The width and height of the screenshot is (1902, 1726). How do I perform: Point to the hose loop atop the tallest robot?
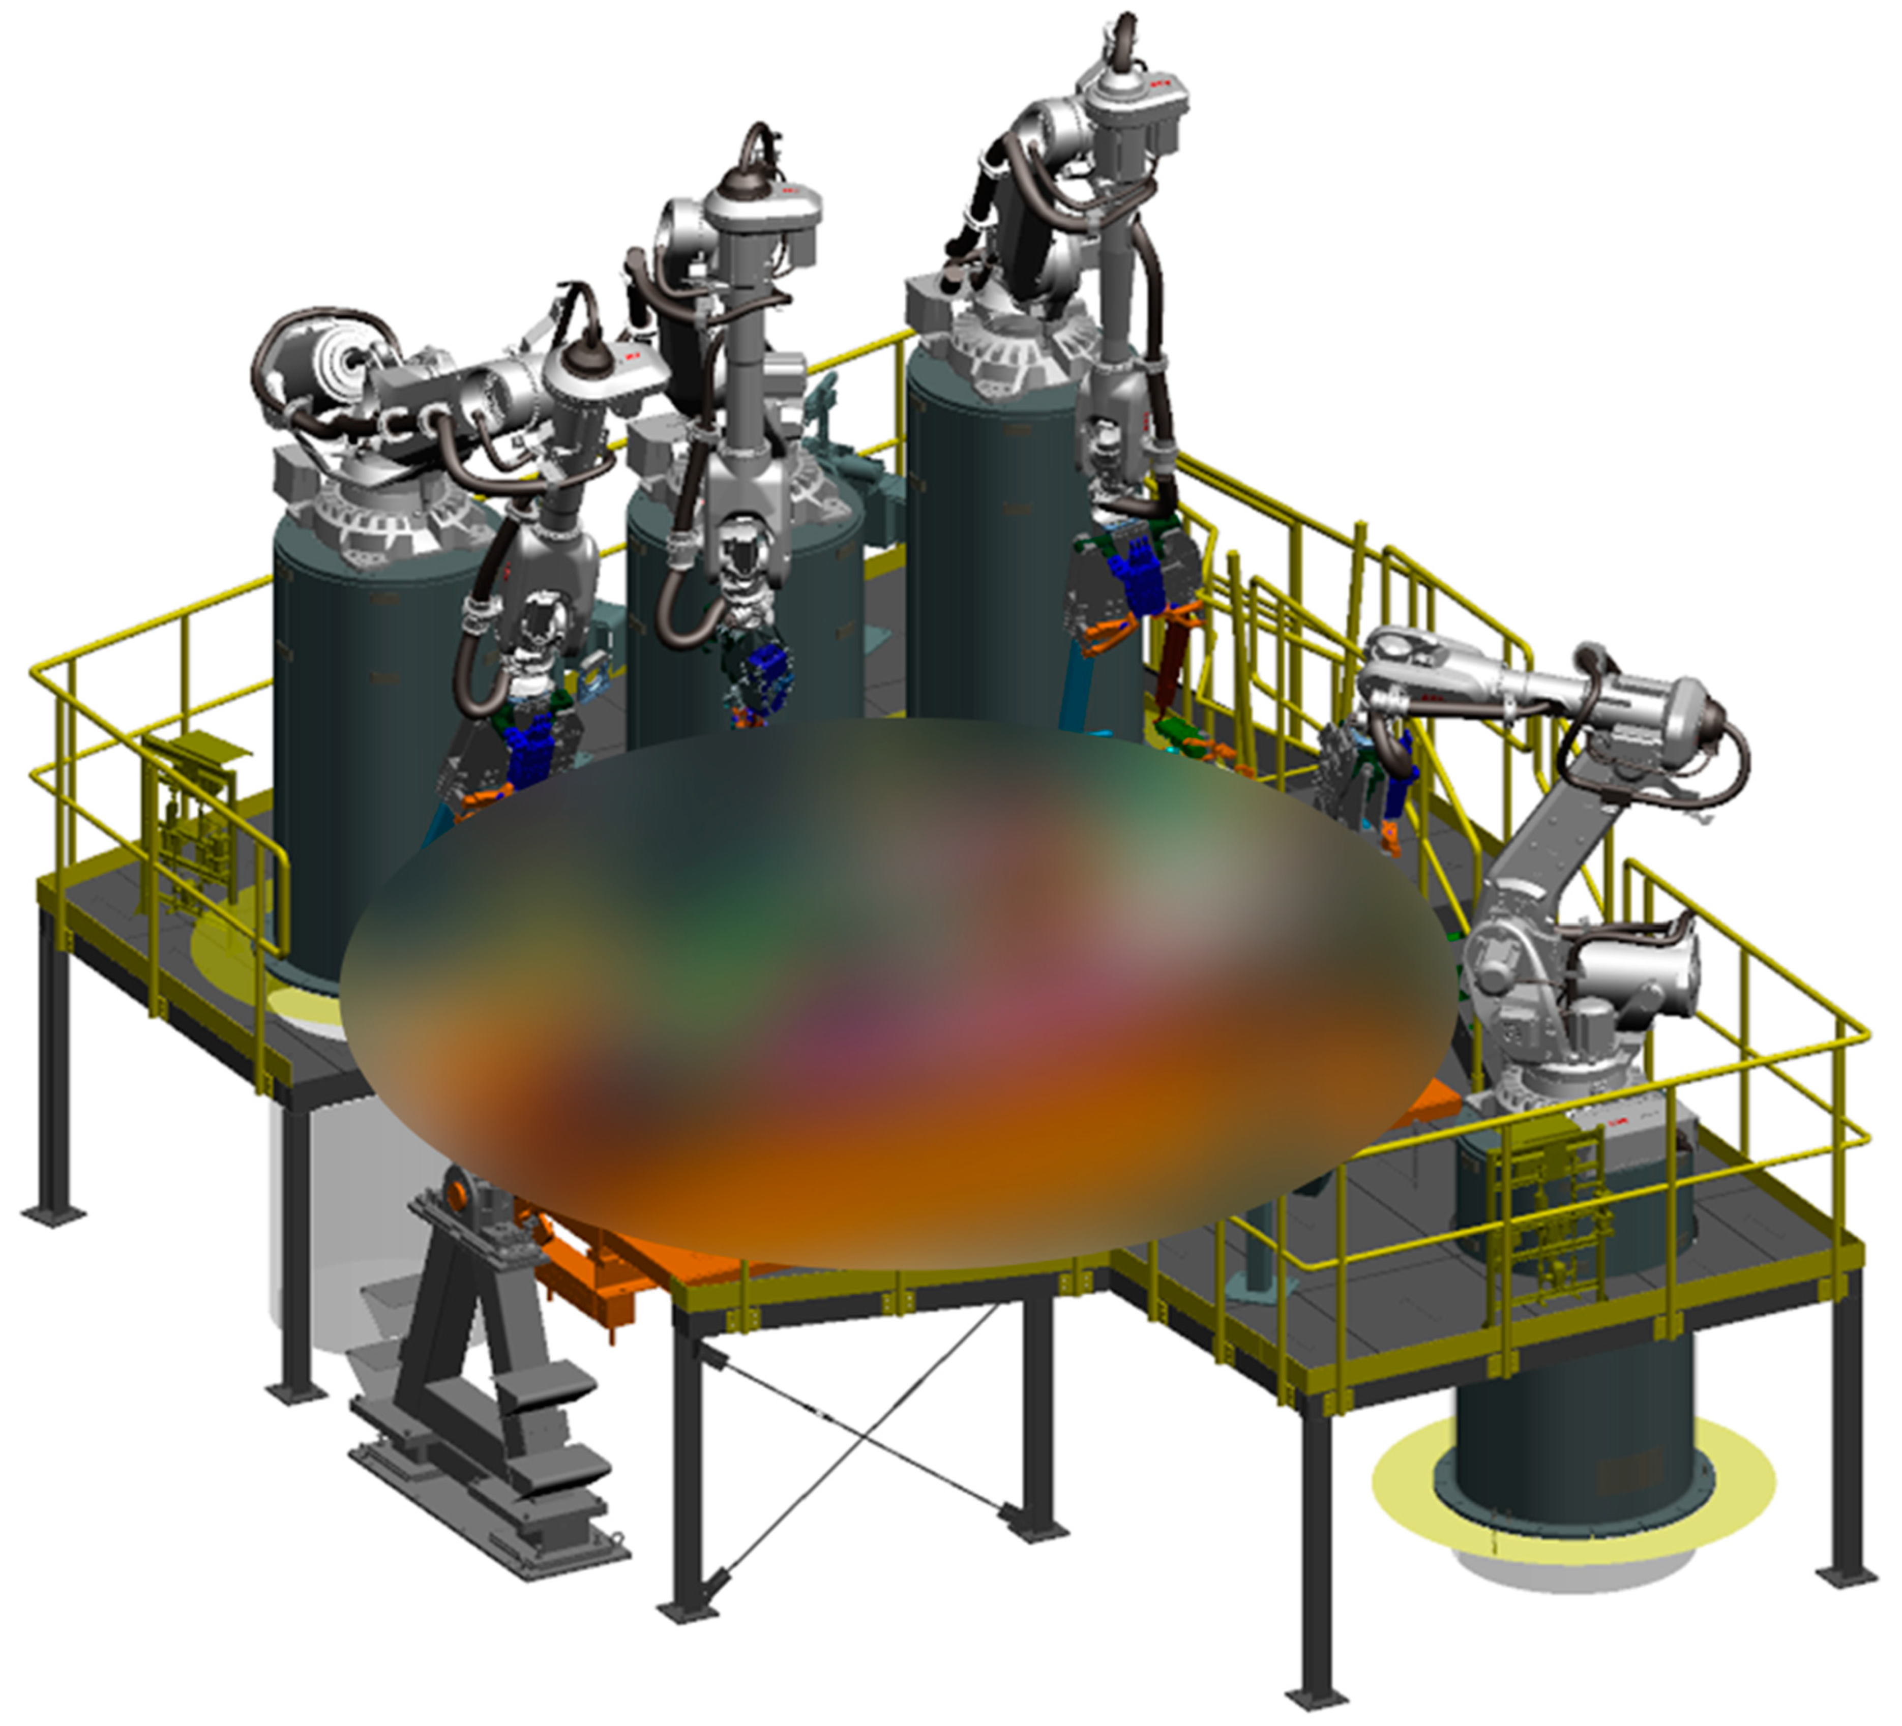(x=1123, y=38)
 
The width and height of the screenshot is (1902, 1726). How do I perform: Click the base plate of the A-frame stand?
(x=481, y=1520)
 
